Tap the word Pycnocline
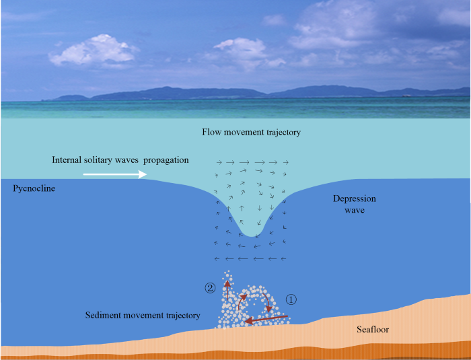point(34,189)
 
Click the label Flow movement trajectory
point(251,133)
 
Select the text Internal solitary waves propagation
point(120,160)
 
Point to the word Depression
point(355,200)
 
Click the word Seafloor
point(373,330)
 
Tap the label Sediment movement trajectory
point(143,316)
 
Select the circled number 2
point(211,288)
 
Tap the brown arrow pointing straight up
point(227,290)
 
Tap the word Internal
point(68,160)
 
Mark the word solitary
point(101,160)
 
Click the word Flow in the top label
point(211,133)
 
